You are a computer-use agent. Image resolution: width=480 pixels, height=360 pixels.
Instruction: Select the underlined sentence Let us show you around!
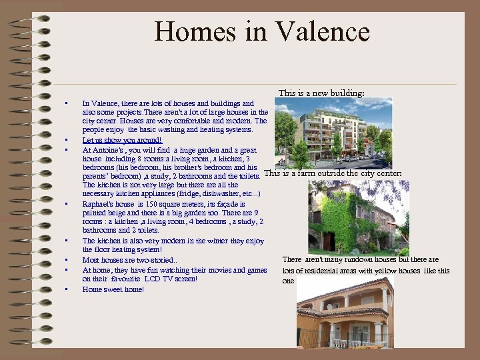(122, 141)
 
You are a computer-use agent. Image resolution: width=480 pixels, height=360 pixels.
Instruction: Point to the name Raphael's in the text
(99, 204)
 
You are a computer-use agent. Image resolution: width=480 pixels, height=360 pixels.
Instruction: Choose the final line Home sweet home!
(113, 289)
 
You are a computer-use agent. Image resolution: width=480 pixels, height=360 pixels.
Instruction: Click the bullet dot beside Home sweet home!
(67, 289)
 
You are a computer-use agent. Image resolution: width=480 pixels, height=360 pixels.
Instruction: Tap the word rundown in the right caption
(349, 259)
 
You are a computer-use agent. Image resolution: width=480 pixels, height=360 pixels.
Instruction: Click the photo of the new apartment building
(333, 132)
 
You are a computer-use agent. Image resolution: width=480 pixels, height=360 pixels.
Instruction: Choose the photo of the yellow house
(345, 313)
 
